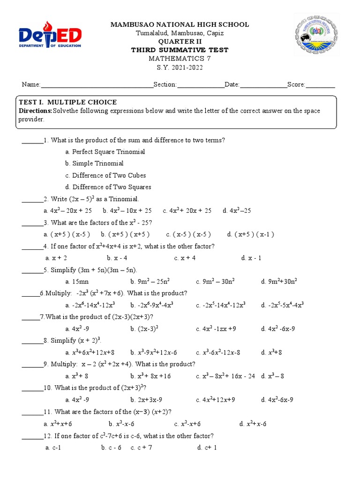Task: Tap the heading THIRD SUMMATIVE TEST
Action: pyautogui.click(x=180, y=50)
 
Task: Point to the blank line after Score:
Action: pyautogui.click(x=320, y=85)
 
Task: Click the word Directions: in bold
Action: pyautogui.click(x=35, y=111)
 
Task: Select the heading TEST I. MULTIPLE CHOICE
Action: pyautogui.click(x=67, y=102)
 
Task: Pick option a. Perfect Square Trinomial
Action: pyautogui.click(x=105, y=152)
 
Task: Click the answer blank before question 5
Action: pyautogui.click(x=32, y=270)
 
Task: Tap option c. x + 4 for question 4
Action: pyautogui.click(x=185, y=258)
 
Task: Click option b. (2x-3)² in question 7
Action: pyautogui.click(x=144, y=329)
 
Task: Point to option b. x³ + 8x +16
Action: pyautogui.click(x=150, y=376)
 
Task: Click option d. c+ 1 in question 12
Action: pyautogui.click(x=207, y=448)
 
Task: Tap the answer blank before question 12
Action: pyautogui.click(x=32, y=436)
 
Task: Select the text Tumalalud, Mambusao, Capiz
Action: pyautogui.click(x=180, y=33)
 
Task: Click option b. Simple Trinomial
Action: pyautogui.click(x=95, y=164)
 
